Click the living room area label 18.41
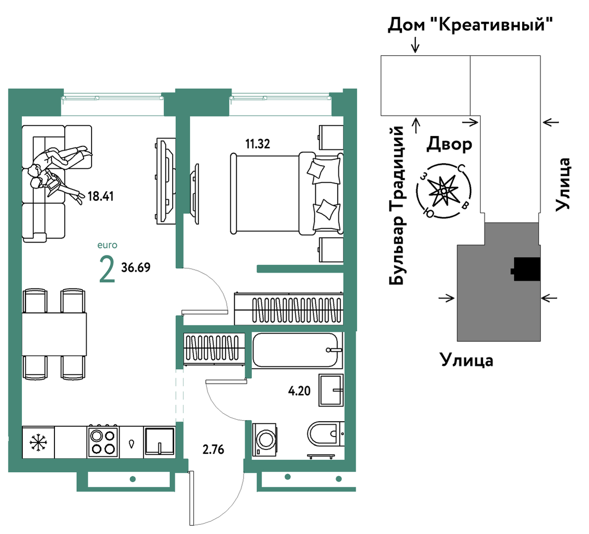pos(100,196)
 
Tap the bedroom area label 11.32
pos(258,144)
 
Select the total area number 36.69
pos(136,267)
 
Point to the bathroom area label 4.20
pos(299,391)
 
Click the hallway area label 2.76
pos(213,449)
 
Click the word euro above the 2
pos(107,245)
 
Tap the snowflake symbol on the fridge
pos(38,442)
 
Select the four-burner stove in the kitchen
pos(103,441)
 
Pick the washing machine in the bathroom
pos(264,439)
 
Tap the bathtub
pos(297,350)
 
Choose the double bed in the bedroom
pos(287,194)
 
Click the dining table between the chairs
pos(54,334)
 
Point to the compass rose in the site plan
pos(443,191)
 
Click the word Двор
pos(449,144)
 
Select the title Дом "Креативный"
pos(470,25)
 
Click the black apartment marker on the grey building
pos(526,269)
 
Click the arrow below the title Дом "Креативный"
pos(415,45)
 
